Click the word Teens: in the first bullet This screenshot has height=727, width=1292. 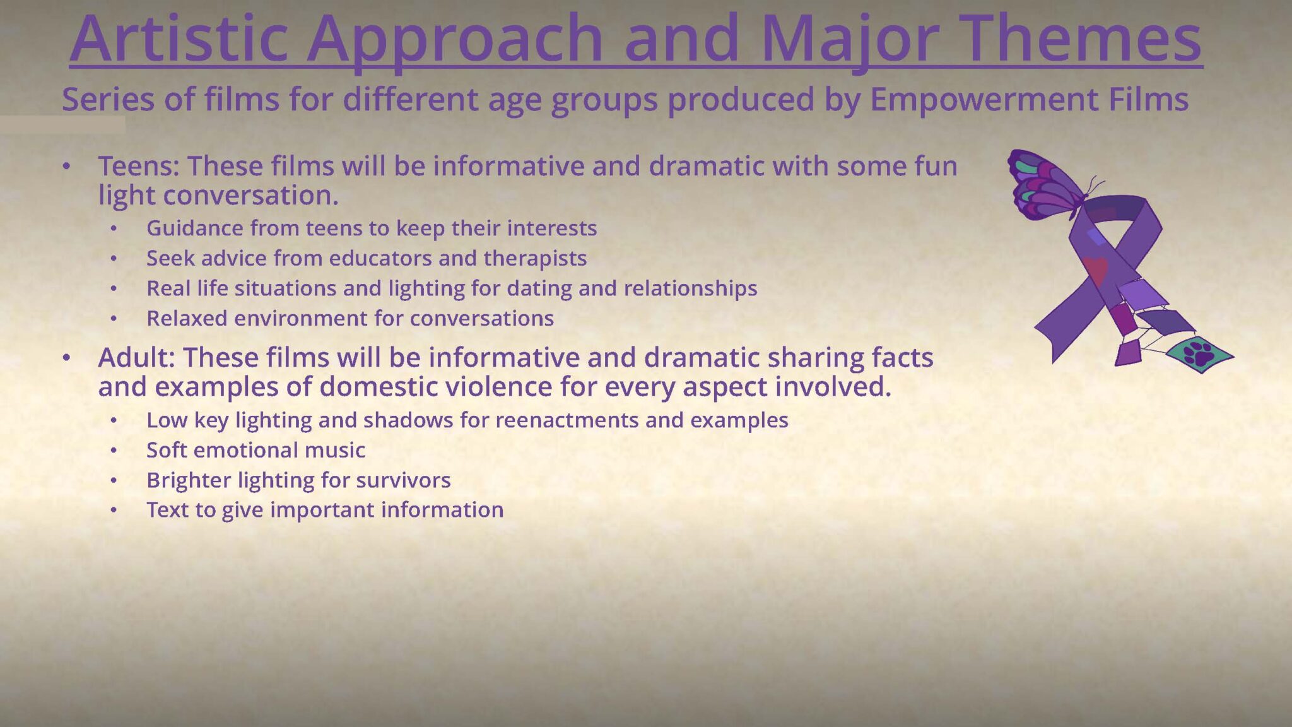[139, 166]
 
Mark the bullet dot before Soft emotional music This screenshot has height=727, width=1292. [114, 451]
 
